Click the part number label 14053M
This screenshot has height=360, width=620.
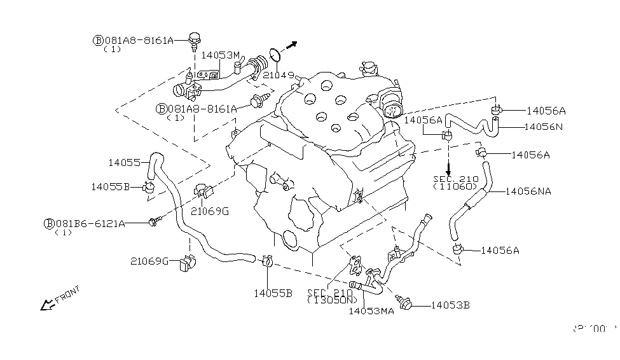tap(220, 55)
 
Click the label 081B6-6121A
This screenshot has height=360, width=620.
tap(88, 224)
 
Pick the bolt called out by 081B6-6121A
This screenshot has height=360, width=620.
tap(154, 221)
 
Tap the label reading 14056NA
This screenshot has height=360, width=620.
tap(536, 190)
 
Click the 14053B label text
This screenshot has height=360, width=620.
tap(450, 305)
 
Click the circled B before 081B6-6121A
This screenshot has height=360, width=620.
tap(48, 224)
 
